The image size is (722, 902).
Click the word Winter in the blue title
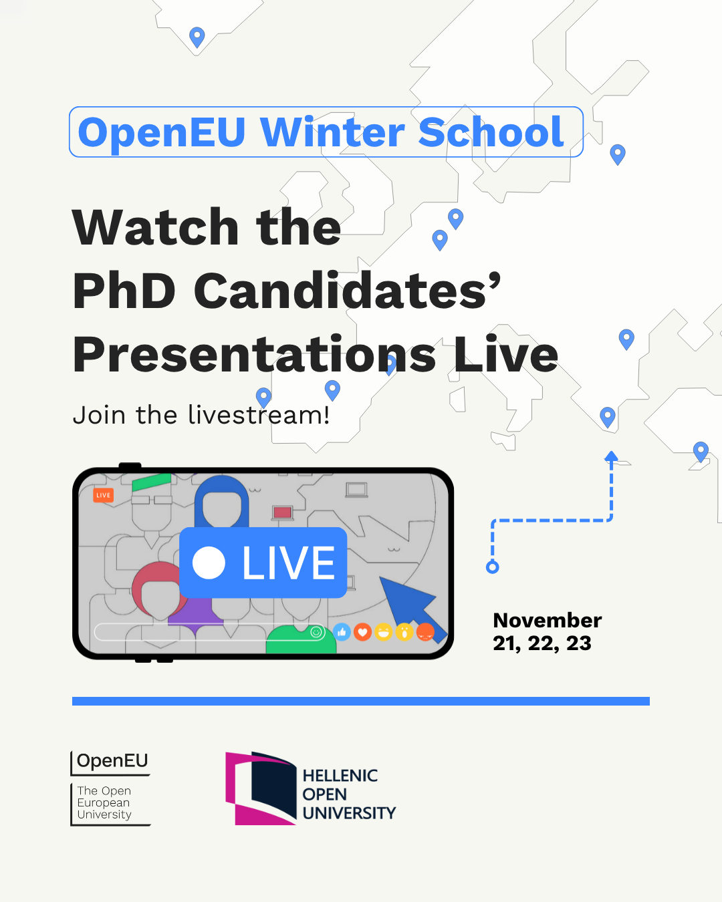[332, 132]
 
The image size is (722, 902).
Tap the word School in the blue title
[491, 132]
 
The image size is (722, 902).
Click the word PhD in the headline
[124, 291]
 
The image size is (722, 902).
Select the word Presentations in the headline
[254, 354]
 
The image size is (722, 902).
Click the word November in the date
[547, 620]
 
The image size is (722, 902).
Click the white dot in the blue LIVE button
[209, 563]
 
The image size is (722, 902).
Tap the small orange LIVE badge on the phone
[103, 495]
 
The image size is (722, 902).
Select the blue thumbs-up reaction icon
[342, 632]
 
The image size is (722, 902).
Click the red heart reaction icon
[362, 632]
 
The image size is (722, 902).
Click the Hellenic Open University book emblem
[261, 788]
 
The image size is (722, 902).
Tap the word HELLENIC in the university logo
[340, 776]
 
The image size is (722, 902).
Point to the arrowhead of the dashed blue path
[611, 456]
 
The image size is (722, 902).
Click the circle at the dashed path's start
[493, 567]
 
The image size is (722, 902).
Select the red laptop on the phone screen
[282, 512]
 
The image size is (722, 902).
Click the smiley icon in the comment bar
[316, 631]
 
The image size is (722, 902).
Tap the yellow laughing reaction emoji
[384, 632]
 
